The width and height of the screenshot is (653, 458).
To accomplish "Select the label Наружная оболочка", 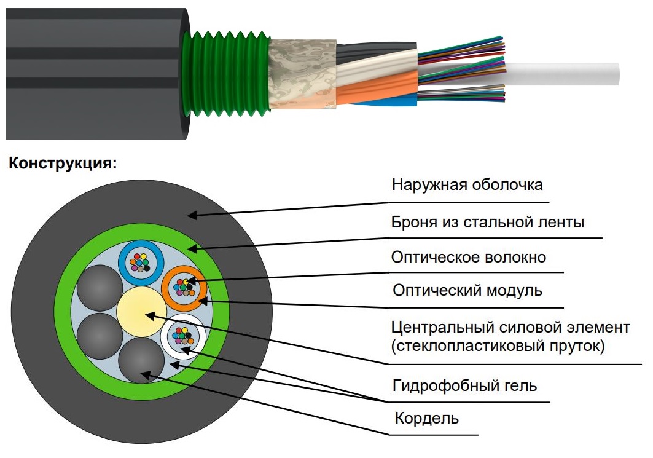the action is pyautogui.click(x=467, y=184).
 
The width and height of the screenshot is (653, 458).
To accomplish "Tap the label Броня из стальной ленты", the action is pyautogui.click(x=488, y=222).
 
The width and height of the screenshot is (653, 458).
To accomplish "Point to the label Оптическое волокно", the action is pyautogui.click(x=469, y=257).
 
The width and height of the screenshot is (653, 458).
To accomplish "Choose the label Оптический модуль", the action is pyautogui.click(x=467, y=290).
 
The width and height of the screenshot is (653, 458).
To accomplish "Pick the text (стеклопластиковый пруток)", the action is pyautogui.click(x=498, y=345).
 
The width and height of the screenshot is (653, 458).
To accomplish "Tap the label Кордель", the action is pyautogui.click(x=426, y=417).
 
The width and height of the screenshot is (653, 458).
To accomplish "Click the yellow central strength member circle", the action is pyautogui.click(x=141, y=312).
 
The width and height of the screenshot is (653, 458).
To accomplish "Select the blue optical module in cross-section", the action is pyautogui.click(x=140, y=263).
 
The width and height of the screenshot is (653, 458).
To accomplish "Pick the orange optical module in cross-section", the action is pyautogui.click(x=184, y=288).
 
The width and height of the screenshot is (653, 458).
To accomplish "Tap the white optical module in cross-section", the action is pyautogui.click(x=183, y=336).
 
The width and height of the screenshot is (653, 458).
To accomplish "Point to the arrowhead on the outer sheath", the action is pyautogui.click(x=192, y=215).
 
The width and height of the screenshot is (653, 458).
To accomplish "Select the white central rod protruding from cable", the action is pyautogui.click(x=562, y=74).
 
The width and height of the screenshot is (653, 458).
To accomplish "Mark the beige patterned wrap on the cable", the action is pyautogui.click(x=303, y=74).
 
